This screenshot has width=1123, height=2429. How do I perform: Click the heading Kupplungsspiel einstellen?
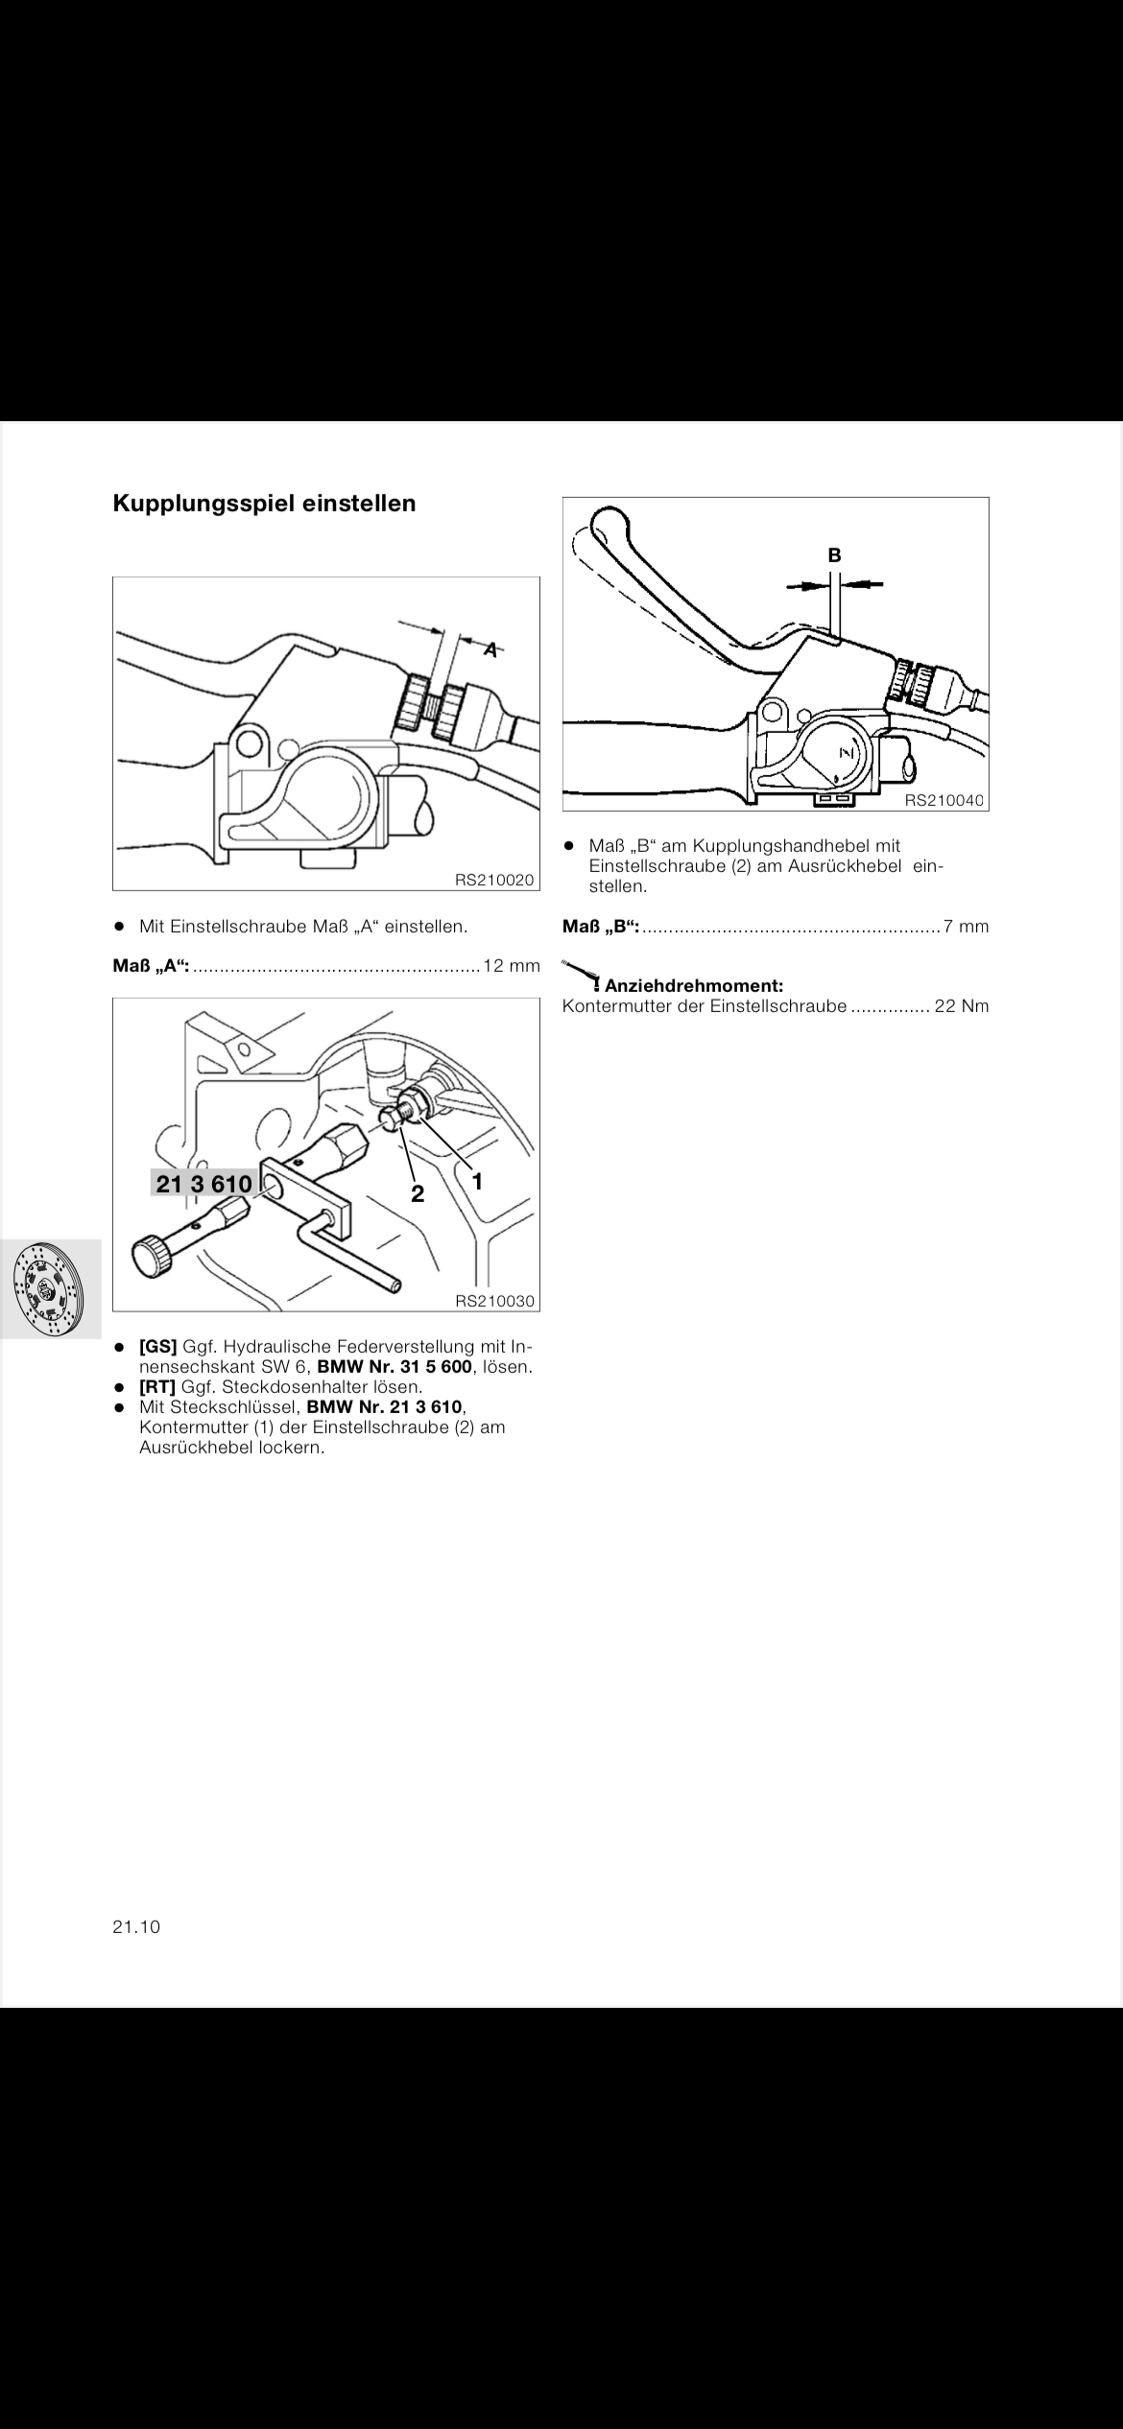(264, 504)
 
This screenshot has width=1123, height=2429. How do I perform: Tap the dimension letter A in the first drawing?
(490, 649)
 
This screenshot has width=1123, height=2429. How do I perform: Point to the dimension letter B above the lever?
(834, 554)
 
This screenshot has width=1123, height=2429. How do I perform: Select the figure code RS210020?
(495, 879)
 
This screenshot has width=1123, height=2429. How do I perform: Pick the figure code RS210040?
(944, 800)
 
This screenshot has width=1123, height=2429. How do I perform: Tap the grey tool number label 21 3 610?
(204, 1184)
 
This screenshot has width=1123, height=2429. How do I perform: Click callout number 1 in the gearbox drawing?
(476, 1181)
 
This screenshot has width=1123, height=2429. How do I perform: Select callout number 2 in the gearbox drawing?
(418, 1193)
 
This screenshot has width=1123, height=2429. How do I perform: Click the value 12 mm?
(512, 965)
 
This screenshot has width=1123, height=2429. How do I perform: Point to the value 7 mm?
(967, 927)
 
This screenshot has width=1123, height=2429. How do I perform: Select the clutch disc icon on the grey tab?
(48, 1288)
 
